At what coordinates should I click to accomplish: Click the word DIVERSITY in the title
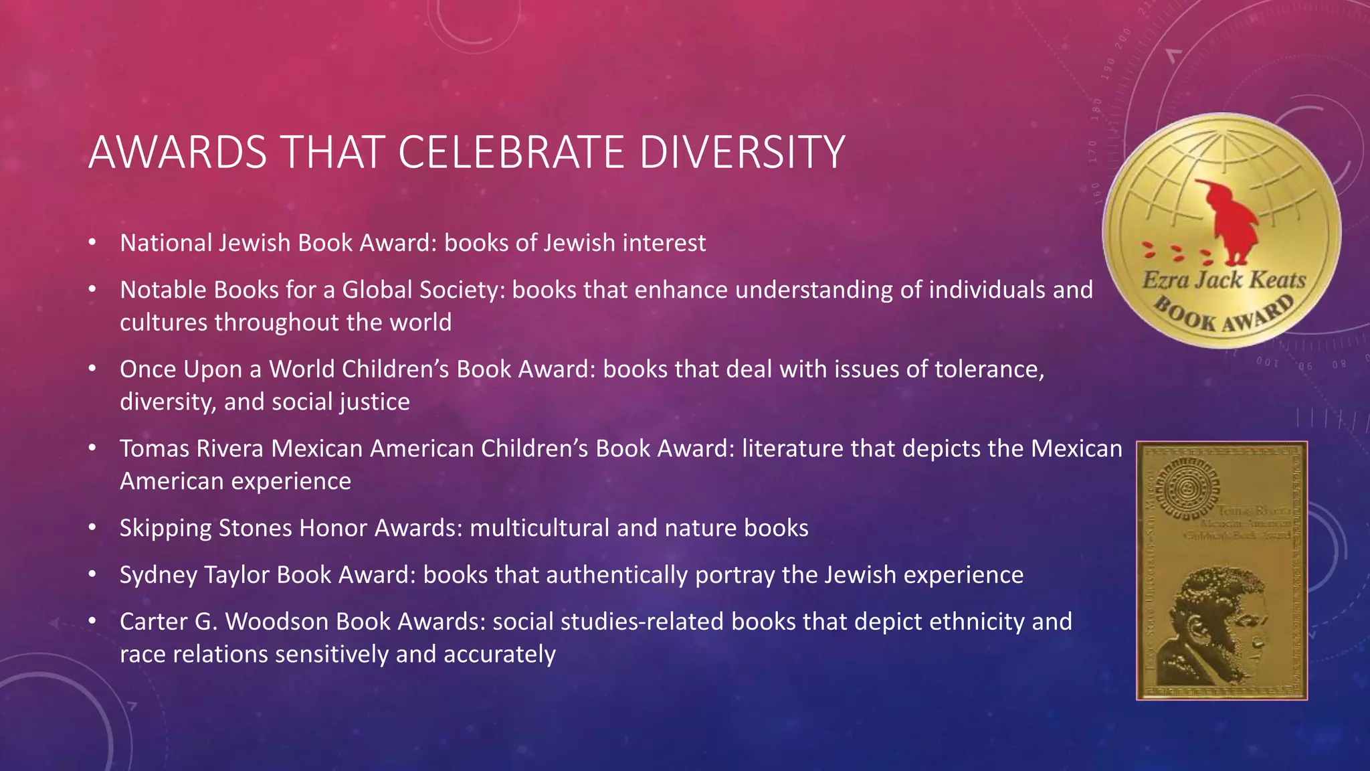742,153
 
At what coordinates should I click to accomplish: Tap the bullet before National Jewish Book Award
92,243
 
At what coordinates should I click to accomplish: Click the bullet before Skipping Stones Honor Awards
92,528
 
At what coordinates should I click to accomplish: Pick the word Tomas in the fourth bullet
155,448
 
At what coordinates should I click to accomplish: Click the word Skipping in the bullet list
166,528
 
